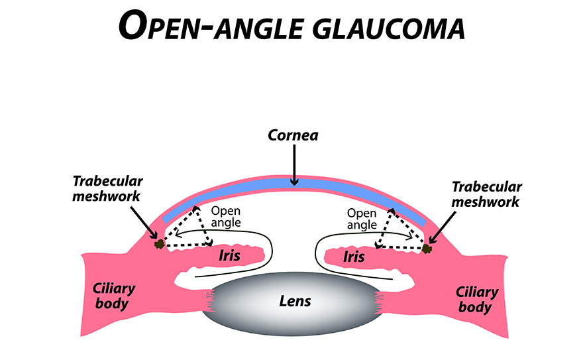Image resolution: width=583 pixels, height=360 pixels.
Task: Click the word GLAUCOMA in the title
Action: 373,28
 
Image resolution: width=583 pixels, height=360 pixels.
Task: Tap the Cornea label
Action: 293,135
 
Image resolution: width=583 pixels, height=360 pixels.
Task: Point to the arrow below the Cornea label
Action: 293,165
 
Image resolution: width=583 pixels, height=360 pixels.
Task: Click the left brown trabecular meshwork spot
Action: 159,245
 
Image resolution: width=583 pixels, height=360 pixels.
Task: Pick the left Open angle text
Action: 225,217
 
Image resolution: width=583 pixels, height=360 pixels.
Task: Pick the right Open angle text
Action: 362,219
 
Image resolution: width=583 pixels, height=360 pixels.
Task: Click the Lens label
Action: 294,301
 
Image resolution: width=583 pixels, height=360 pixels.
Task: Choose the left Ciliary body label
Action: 111,296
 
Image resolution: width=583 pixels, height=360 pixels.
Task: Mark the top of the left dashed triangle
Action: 196,208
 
